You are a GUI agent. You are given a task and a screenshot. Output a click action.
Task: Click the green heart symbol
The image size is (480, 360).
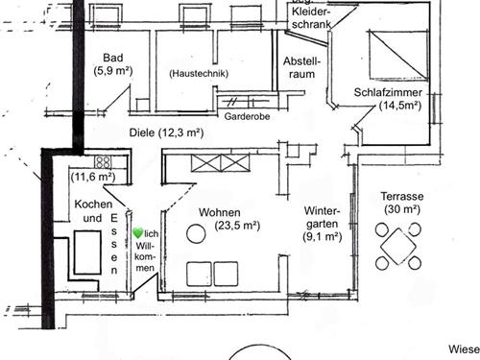(138, 233)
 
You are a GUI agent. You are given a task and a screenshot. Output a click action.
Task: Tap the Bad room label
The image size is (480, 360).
(113, 58)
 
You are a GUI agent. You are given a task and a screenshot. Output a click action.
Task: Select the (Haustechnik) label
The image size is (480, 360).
(199, 74)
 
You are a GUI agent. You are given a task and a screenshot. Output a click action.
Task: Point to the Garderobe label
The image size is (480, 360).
(247, 116)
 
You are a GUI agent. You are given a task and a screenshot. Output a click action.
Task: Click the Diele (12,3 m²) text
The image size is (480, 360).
(166, 132)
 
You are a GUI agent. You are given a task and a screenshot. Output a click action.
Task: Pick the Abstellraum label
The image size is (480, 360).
(301, 67)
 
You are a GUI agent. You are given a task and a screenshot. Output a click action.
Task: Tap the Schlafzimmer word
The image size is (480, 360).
(388, 92)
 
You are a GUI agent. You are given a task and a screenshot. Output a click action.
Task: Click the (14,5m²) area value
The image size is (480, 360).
(400, 106)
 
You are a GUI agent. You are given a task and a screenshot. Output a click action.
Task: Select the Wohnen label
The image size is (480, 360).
(220, 212)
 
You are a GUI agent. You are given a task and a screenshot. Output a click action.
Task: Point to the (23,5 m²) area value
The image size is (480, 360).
(237, 226)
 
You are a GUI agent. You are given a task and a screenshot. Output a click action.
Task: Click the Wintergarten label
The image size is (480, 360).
(322, 217)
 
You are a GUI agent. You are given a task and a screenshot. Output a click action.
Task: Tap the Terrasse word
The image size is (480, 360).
(402, 196)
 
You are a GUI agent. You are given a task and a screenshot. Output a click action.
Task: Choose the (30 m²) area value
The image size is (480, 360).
(402, 209)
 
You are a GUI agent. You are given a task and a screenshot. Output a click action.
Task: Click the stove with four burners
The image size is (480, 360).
(103, 161)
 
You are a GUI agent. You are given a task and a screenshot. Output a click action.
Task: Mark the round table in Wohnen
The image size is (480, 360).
(196, 233)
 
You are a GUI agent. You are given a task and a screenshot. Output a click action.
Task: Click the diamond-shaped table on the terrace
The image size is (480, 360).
(398, 246)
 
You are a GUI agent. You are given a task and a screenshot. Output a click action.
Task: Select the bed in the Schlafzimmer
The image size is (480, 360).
(398, 55)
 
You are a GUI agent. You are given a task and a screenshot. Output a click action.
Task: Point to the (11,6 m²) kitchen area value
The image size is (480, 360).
(93, 177)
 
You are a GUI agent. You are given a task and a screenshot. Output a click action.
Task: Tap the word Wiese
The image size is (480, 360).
(464, 349)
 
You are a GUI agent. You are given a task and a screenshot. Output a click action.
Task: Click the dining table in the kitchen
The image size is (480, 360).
(87, 252)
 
